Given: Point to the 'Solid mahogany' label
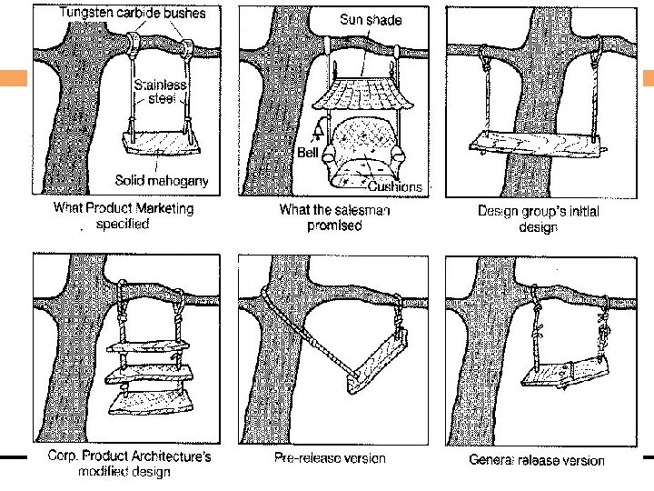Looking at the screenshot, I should point(162,180).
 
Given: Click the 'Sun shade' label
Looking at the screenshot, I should point(371,20).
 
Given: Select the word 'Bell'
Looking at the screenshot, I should point(308,153).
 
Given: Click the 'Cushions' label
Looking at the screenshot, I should point(394,186).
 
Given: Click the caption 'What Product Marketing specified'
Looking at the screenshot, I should point(124,215).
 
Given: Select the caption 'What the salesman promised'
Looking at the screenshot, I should point(334,218).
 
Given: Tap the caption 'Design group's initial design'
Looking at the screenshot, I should point(538,218).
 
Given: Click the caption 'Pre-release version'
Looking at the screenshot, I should point(330,458).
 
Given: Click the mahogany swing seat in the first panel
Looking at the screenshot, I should point(160,143).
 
